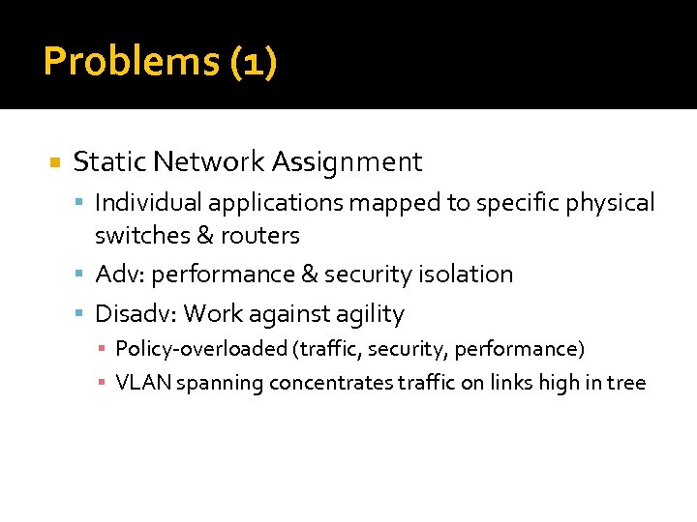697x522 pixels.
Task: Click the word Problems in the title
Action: [x=132, y=63]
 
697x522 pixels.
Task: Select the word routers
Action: [x=263, y=235]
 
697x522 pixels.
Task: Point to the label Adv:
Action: [x=120, y=275]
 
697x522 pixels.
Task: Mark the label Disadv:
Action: [x=136, y=314]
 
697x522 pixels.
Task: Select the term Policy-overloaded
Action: [x=188, y=348]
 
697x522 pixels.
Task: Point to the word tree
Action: [x=626, y=383]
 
